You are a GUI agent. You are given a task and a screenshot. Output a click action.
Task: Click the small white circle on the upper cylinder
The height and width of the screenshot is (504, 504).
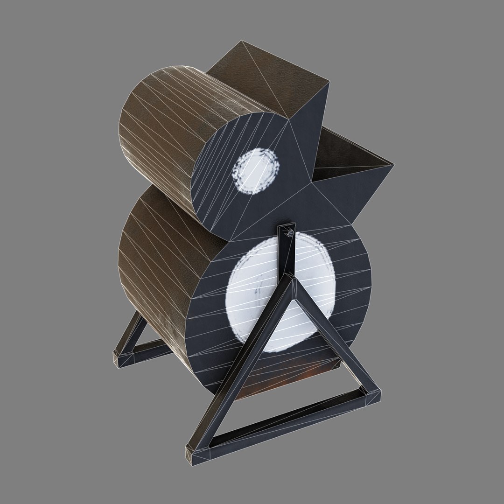click(x=256, y=171)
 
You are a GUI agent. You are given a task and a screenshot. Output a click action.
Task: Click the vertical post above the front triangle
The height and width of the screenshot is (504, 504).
click(x=286, y=254)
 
